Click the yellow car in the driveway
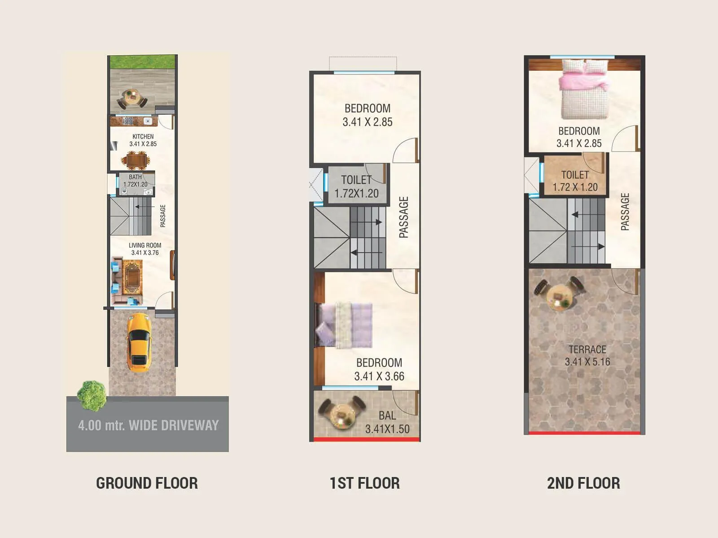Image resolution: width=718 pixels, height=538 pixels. coord(139,343)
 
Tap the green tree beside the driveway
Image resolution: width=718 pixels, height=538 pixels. coord(92,395)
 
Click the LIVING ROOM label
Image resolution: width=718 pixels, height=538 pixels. coord(144,249)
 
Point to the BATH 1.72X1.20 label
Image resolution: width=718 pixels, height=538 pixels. coord(135,181)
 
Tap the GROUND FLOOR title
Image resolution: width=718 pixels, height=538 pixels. coord(147,483)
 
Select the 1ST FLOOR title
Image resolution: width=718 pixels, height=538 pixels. coord(364,483)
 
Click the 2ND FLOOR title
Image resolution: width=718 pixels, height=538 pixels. coord(583,483)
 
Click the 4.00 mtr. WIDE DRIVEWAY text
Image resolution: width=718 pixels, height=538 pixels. coord(148,425)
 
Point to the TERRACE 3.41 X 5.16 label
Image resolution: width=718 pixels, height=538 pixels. coord(587,356)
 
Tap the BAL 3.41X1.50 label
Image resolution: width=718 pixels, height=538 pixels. coord(387,422)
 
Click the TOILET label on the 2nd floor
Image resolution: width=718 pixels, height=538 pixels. coord(575,181)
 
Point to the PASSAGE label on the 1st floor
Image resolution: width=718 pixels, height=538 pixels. coord(404,217)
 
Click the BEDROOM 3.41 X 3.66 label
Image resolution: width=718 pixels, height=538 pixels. coord(379,369)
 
